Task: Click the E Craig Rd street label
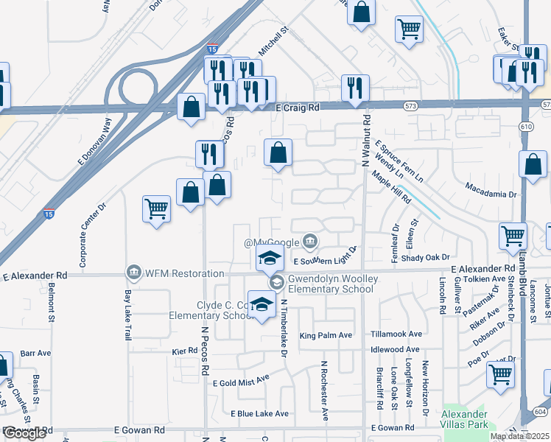pyautogui.click(x=298, y=108)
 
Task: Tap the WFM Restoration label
pyautogui.click(x=178, y=273)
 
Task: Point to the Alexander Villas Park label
pyautogui.click(x=464, y=420)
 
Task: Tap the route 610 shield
pyautogui.click(x=525, y=126)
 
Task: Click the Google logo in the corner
pyautogui.click(x=24, y=433)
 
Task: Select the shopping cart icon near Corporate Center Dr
pyautogui.click(x=157, y=209)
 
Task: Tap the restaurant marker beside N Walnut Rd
pyautogui.click(x=355, y=88)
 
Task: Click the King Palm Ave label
pyautogui.click(x=325, y=335)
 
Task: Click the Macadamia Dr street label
pyautogui.click(x=491, y=194)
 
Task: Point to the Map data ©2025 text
pyautogui.click(x=519, y=436)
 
